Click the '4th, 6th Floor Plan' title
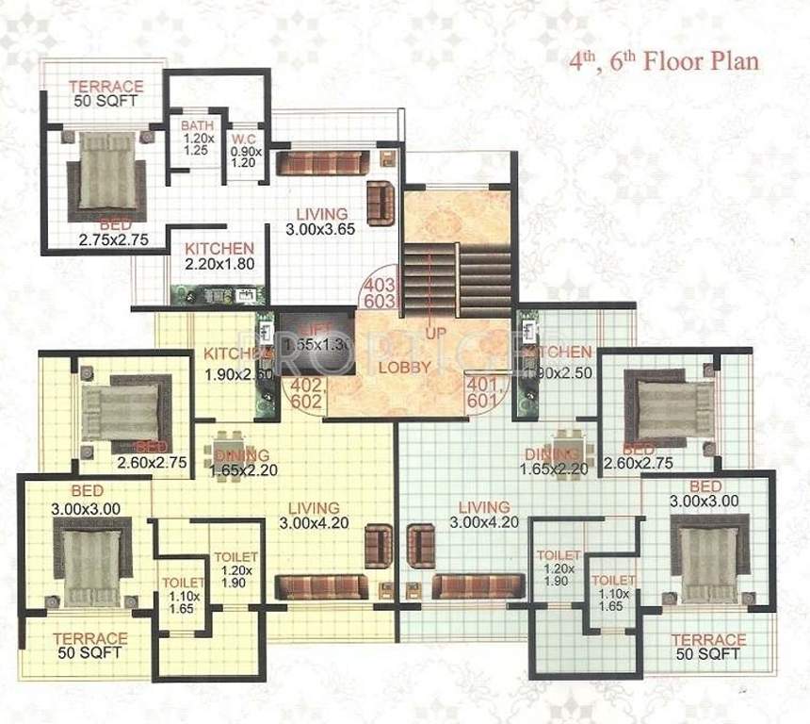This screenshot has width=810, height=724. [663, 63]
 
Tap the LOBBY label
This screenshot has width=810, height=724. [408, 366]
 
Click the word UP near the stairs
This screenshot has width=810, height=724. [434, 334]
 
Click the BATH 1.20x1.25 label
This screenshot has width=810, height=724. [198, 138]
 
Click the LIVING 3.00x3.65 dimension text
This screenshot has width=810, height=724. [321, 222]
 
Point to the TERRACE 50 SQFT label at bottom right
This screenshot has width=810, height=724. [708, 647]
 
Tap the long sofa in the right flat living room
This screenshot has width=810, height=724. [478, 586]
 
